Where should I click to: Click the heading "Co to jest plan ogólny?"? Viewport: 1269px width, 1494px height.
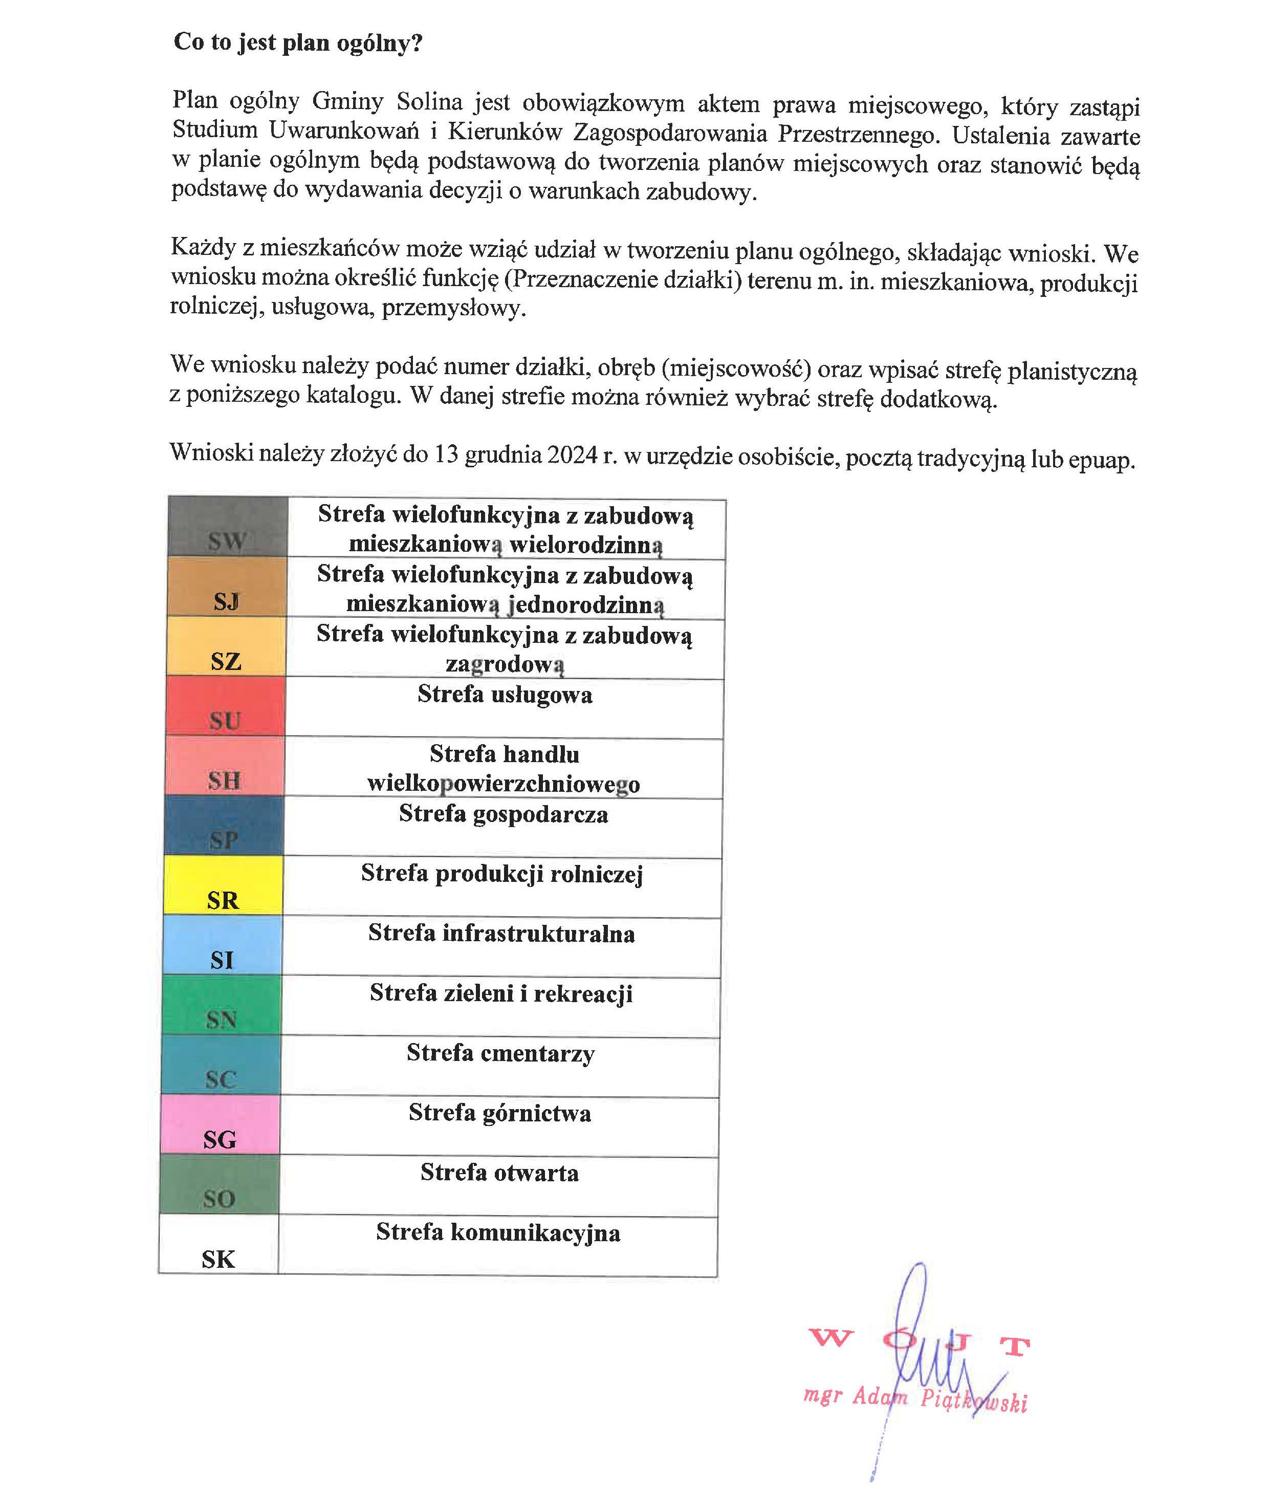[298, 42]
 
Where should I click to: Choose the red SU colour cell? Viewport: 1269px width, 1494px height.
[225, 705]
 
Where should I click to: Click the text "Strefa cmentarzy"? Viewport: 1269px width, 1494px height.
[501, 1053]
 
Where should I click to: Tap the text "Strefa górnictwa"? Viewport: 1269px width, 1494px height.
[500, 1113]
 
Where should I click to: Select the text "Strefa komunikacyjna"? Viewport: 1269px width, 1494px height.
[498, 1232]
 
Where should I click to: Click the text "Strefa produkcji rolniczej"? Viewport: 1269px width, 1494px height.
[502, 874]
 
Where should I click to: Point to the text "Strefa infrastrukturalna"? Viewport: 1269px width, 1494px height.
[501, 934]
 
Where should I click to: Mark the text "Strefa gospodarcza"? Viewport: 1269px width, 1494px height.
[504, 814]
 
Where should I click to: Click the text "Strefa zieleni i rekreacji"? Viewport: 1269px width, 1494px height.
[501, 993]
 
